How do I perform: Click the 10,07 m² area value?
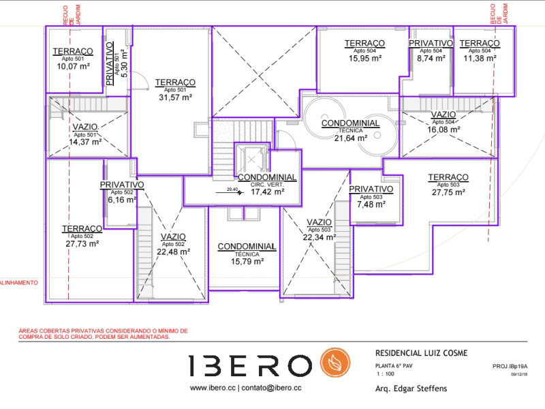73,67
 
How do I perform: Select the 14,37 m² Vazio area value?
87,142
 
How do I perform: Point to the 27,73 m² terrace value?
82,243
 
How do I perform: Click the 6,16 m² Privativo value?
122,200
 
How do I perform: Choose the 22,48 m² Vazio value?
173,251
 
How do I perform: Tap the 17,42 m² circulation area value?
266,192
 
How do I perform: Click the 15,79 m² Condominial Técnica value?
246,261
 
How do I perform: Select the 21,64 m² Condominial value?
350,138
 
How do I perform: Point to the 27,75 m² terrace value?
448,193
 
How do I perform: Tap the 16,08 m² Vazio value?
443,130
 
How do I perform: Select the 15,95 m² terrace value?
365,59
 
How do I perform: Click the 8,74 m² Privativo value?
431,59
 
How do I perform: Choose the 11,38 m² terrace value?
479,59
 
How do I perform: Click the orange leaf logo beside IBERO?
335,365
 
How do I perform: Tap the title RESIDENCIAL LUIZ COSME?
421,353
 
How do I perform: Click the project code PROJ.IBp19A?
510,366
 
